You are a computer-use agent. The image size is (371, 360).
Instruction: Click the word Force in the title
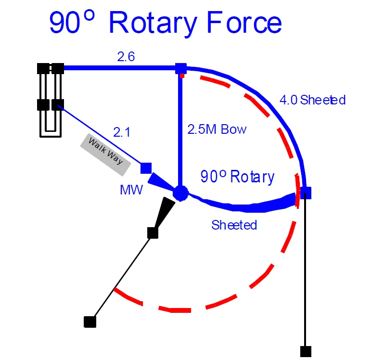click(x=241, y=23)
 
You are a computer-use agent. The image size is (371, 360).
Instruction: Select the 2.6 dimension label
click(x=126, y=57)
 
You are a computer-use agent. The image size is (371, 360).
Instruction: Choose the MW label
click(x=131, y=190)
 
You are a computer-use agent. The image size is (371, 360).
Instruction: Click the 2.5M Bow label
click(x=217, y=129)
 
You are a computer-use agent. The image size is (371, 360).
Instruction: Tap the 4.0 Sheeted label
click(x=312, y=100)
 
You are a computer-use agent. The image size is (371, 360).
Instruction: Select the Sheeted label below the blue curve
click(x=234, y=225)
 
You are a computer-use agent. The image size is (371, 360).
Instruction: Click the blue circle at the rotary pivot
click(x=180, y=193)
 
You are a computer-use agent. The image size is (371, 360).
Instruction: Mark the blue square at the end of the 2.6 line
click(x=180, y=68)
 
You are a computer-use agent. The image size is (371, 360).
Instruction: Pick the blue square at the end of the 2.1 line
click(x=146, y=168)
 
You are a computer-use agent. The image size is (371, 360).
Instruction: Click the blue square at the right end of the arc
click(x=306, y=193)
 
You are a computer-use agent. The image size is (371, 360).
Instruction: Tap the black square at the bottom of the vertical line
click(x=306, y=351)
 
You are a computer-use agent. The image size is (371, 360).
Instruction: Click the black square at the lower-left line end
click(x=89, y=321)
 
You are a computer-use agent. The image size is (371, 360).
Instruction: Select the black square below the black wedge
click(x=153, y=233)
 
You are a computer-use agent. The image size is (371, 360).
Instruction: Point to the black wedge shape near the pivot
click(x=165, y=212)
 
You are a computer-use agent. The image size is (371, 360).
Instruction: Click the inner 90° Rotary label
click(x=237, y=177)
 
